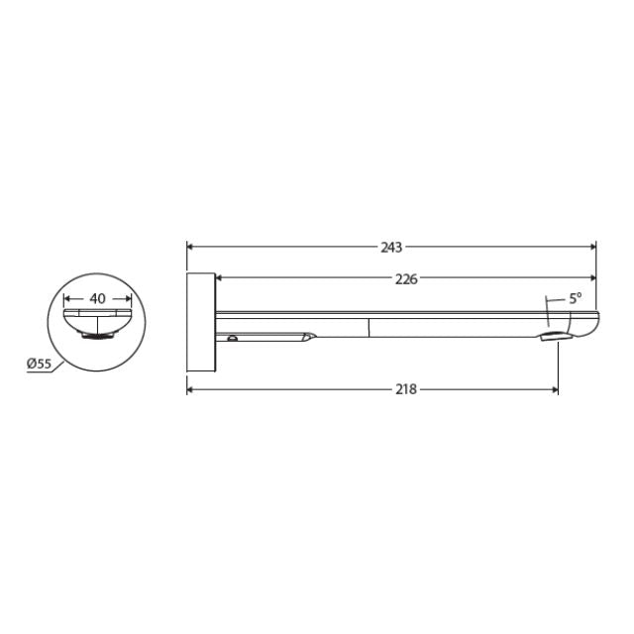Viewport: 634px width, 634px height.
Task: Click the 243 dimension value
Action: point(392,247)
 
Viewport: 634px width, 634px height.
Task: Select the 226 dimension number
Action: point(405,278)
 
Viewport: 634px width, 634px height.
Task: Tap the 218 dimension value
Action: point(405,389)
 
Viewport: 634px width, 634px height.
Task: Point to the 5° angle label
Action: point(576,297)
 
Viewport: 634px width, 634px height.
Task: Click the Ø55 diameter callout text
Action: point(39,365)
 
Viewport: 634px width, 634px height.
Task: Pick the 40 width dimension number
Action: point(97,297)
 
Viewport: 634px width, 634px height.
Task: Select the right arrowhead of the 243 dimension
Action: point(591,247)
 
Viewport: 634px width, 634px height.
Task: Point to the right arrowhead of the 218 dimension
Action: point(552,389)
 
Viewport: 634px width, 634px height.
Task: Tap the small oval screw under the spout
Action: point(232,339)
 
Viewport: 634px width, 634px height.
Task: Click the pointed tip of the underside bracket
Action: point(313,337)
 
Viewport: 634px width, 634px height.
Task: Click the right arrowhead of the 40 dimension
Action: point(126,297)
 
